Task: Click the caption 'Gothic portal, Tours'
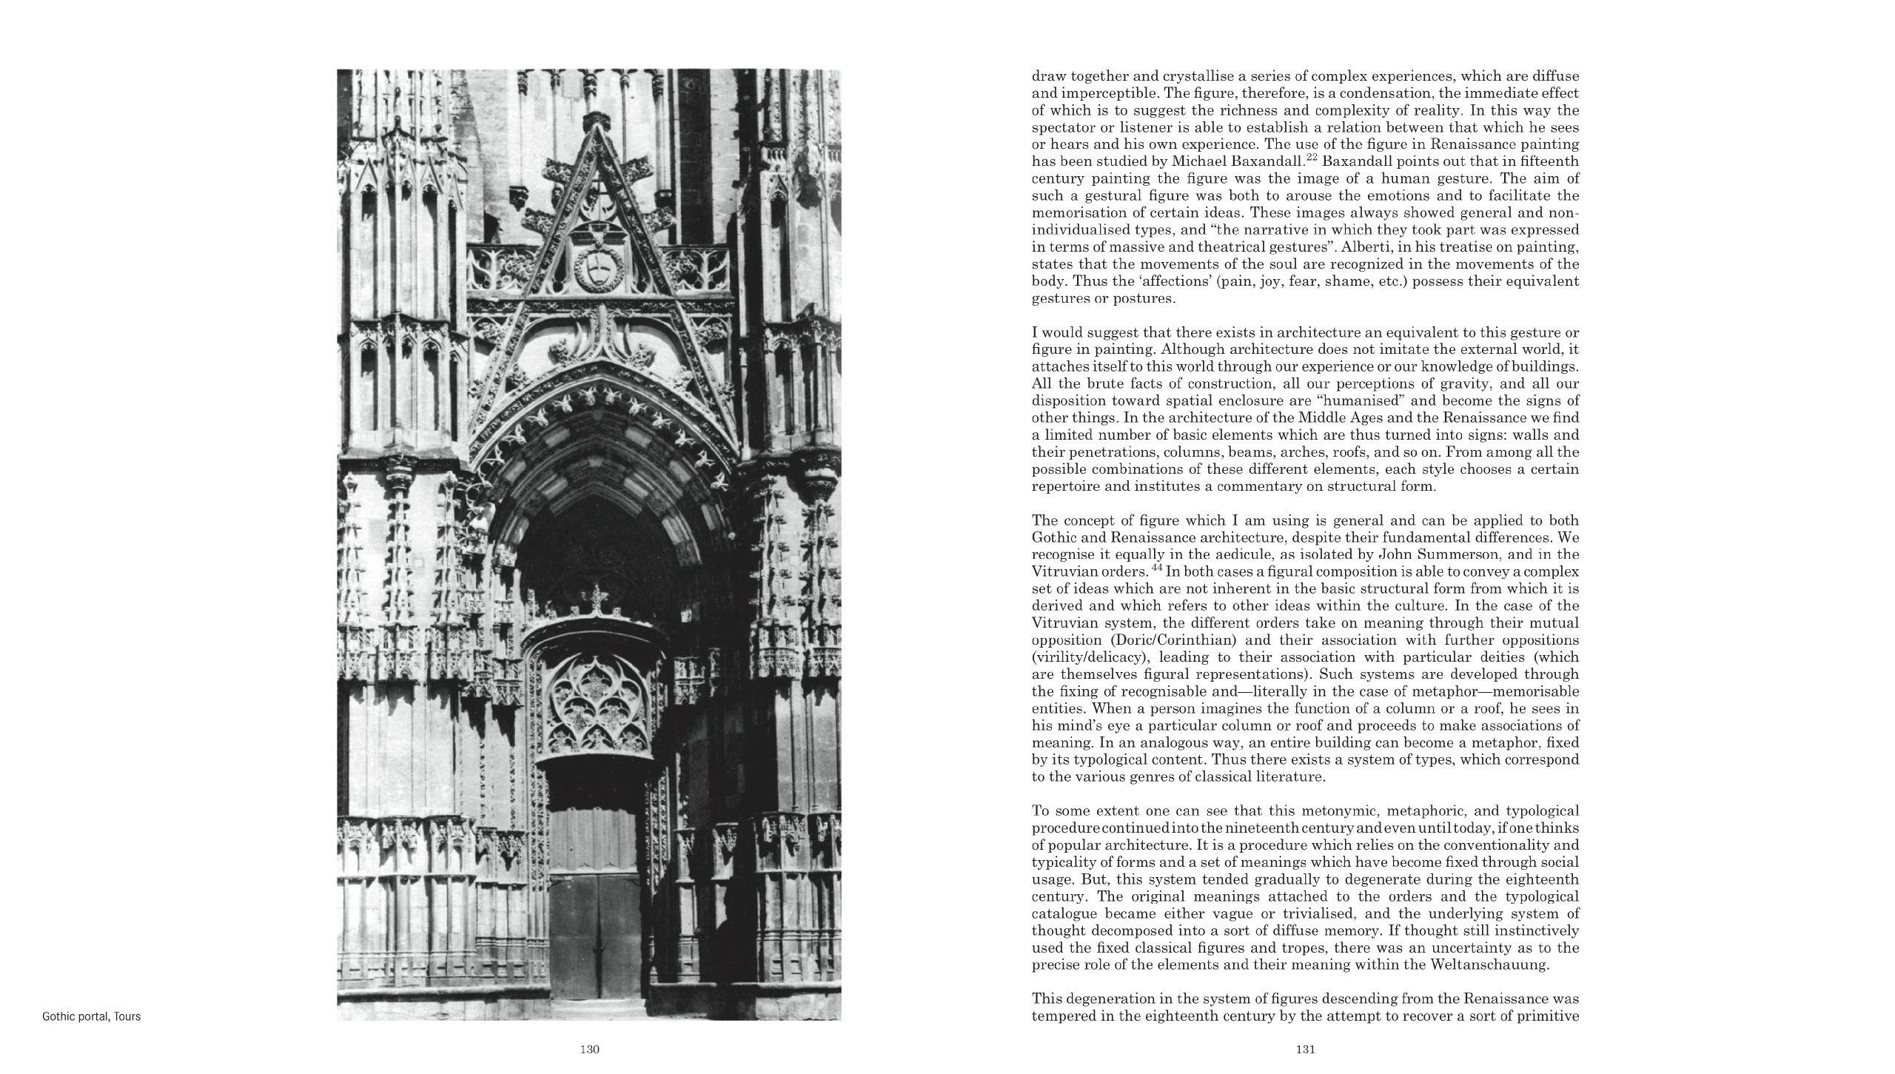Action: point(92,1016)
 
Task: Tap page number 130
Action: point(589,1049)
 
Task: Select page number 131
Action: point(1305,1049)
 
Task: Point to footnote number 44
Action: point(1107,568)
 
